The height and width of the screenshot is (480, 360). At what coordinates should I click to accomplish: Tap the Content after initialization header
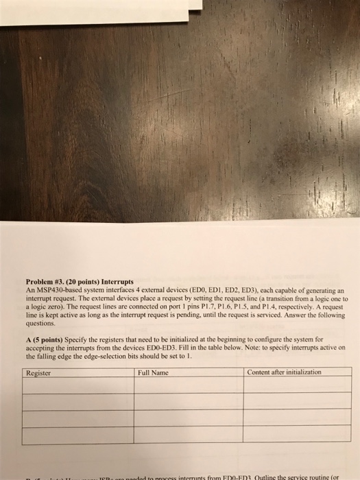[285, 372]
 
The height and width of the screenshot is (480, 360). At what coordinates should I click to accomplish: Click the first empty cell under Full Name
[189, 385]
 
